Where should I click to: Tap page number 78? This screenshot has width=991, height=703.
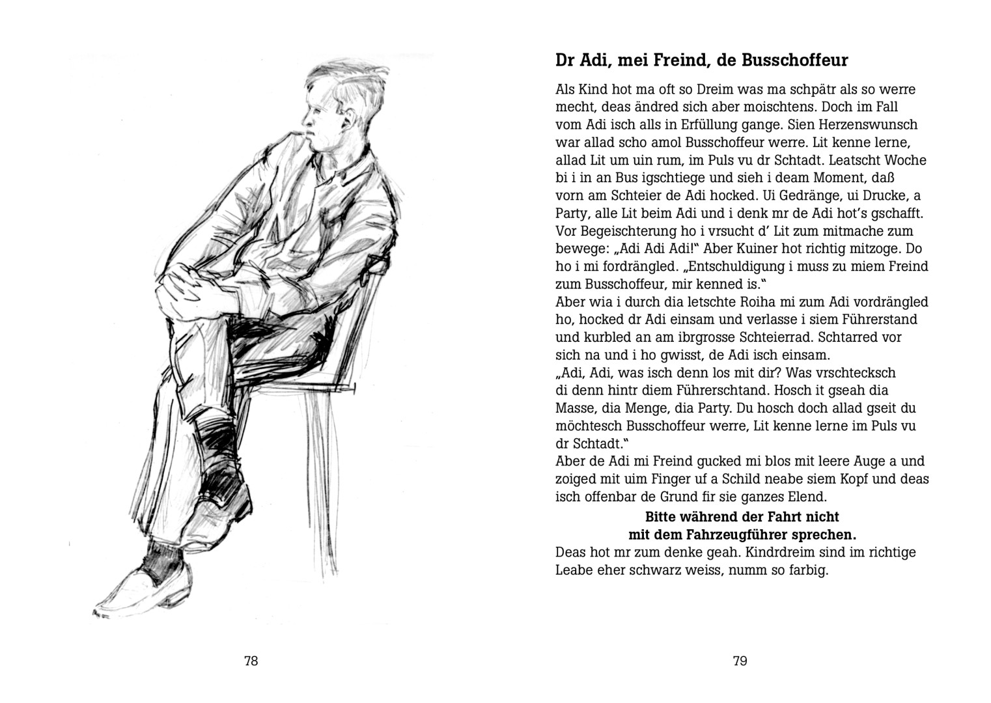[x=251, y=661]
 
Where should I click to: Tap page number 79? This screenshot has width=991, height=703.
[x=740, y=661]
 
